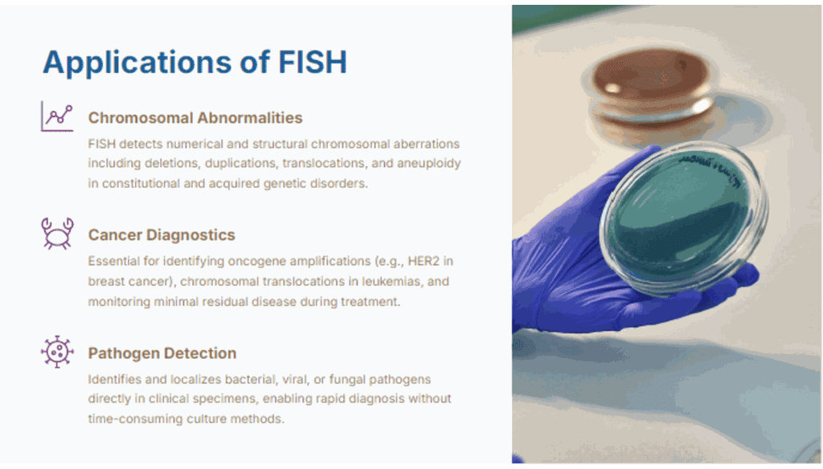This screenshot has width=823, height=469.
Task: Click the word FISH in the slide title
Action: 313,62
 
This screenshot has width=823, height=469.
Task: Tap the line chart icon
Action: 57,116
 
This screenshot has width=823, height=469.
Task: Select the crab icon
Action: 57,234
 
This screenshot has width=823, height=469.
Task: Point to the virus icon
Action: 57,352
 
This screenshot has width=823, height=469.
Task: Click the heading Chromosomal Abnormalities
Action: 195,117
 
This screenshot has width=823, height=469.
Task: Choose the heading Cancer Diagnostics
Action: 162,235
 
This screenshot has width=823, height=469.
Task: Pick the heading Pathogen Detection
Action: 162,353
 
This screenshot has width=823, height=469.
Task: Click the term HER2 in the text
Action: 423,261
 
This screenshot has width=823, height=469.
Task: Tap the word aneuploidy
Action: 429,164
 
